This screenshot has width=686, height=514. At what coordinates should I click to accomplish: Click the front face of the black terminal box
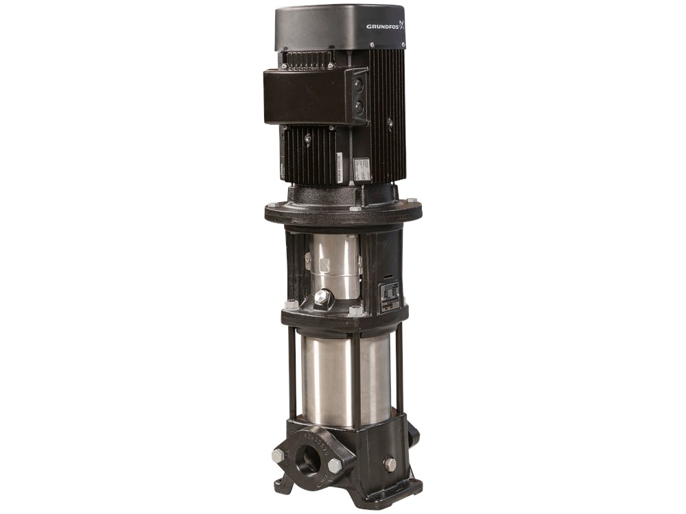tap(306, 96)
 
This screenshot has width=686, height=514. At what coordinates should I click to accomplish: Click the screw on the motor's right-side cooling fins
tap(390, 124)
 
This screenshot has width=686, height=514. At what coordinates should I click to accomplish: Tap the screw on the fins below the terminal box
tap(307, 139)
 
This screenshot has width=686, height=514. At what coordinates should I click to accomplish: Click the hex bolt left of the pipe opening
tap(278, 455)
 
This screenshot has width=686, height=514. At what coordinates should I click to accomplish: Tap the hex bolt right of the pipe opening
tap(336, 465)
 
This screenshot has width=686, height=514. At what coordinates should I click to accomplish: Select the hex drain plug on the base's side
tap(390, 464)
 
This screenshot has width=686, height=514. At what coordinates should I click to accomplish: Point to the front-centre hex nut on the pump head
tap(356, 310)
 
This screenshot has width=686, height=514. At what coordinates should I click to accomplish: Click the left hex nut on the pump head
tap(292, 304)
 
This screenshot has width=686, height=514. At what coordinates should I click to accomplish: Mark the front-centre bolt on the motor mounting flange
tap(354, 208)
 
